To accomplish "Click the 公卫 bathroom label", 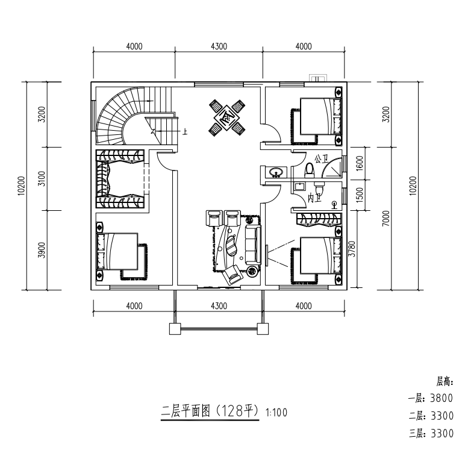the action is coord(322,160).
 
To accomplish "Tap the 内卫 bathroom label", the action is coord(314,198).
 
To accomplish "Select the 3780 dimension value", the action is coord(352,249).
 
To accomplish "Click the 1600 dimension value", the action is coord(360,163).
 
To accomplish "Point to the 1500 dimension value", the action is coord(360,195).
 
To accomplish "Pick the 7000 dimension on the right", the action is coord(386,219).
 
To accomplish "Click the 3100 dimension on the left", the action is coord(42,178).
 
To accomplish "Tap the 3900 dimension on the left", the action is coord(42,250).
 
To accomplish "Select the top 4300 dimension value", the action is coord(219,46).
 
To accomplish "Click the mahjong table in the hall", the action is coord(227,117).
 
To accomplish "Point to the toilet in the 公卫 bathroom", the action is coord(310,170).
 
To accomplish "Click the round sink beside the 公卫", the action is coord(276,172).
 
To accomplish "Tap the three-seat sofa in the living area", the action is coord(253,245).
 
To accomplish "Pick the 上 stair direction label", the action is coord(185,132).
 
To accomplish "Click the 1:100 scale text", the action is coord(276,412).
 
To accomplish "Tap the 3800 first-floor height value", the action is coord(442,398).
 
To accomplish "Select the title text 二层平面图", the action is coord(186,410).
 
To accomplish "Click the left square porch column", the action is coord(175,329).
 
